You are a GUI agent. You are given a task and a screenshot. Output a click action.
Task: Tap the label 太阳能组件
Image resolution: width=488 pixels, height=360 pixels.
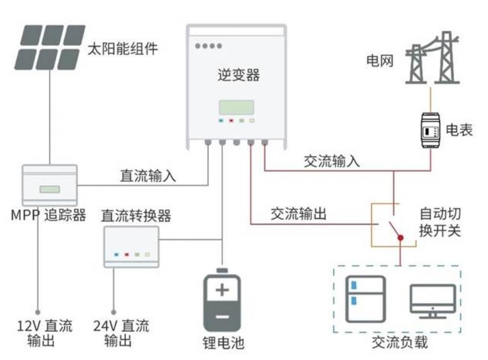(x=123, y=49)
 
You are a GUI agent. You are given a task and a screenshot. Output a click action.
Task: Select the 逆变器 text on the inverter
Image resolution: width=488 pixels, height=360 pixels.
(x=236, y=75)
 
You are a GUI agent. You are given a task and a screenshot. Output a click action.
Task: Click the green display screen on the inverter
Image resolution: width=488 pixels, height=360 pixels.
(x=236, y=107)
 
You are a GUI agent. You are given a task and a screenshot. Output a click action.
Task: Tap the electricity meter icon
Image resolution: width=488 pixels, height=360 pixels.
(x=430, y=130)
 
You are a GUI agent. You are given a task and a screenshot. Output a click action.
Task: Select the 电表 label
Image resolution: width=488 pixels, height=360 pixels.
(x=459, y=130)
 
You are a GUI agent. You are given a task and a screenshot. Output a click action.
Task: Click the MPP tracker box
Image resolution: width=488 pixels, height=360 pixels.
(x=50, y=185)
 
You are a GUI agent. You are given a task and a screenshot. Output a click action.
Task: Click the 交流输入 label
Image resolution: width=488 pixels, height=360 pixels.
(x=332, y=161)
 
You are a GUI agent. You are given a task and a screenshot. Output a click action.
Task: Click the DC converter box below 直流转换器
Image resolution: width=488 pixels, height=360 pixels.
(x=131, y=246)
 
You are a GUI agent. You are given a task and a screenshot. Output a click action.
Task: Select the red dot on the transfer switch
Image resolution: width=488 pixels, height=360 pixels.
(x=400, y=237)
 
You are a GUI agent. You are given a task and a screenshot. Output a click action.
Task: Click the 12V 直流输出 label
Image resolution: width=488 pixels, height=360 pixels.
(x=44, y=333)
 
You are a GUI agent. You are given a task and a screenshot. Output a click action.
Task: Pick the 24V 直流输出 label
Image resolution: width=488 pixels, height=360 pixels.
(x=120, y=333)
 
